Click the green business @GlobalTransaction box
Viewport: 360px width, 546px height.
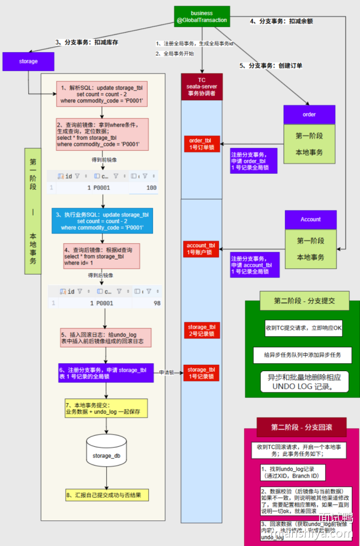click(202, 17)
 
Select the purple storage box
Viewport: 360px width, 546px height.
click(28, 61)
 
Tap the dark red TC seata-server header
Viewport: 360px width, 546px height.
click(201, 87)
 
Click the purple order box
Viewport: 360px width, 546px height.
click(309, 115)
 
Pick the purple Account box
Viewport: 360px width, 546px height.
click(310, 219)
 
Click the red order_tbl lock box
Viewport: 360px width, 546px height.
click(201, 144)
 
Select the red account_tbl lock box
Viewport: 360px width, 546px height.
click(201, 248)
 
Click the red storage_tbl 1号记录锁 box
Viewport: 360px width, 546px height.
click(201, 373)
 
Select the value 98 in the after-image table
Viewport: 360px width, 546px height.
click(156, 303)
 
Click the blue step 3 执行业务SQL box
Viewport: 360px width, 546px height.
click(102, 221)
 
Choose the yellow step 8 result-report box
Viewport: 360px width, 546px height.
click(107, 495)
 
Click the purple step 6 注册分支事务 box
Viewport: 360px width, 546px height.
click(106, 373)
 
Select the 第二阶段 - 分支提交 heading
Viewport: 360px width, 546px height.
click(304, 301)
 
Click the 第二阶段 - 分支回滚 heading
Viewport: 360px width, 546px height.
click(301, 427)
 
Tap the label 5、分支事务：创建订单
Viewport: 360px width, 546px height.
click(271, 66)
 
